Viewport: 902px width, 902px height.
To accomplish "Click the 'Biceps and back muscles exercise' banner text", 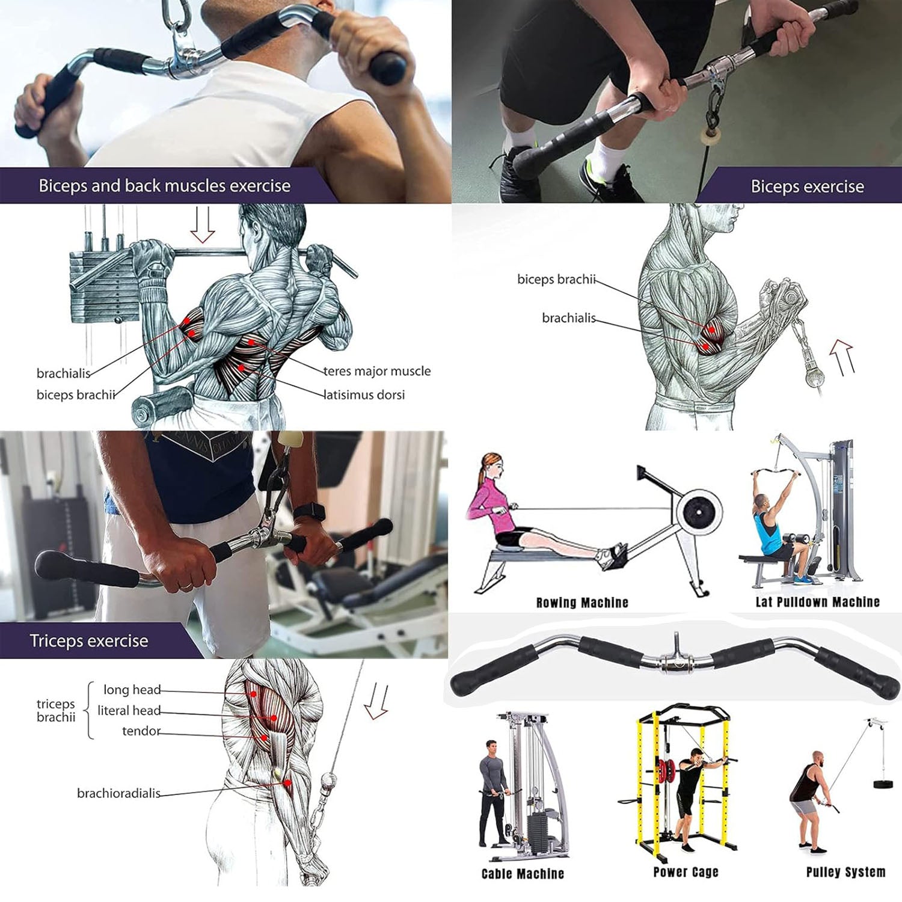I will [x=164, y=186].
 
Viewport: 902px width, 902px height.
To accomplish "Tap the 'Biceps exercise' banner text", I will [x=807, y=186].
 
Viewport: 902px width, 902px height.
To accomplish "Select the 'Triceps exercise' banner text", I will [x=89, y=641].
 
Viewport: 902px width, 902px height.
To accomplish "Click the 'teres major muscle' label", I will [x=377, y=371].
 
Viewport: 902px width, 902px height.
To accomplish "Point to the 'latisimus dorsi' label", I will [x=364, y=395].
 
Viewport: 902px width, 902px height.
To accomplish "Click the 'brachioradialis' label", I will [x=118, y=793].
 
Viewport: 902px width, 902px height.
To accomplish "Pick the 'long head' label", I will [x=132, y=690].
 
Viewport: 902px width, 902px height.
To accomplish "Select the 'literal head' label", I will [x=129, y=711].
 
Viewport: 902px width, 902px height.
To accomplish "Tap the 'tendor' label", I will [x=141, y=731].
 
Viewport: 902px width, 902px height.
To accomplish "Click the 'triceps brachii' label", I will [x=56, y=710].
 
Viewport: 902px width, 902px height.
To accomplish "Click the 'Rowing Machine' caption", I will [x=582, y=603].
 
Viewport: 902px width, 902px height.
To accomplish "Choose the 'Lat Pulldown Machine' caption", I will [x=817, y=602].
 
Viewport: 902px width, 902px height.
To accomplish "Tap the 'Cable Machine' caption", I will [x=523, y=874].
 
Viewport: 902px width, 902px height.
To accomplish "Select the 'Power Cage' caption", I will [x=686, y=872].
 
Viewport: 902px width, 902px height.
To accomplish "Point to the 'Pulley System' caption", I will [x=845, y=872].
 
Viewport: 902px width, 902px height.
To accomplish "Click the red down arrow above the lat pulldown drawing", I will [x=203, y=225].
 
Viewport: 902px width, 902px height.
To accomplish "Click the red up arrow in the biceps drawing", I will [x=842, y=357].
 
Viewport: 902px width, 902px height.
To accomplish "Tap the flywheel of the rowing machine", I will [x=699, y=513].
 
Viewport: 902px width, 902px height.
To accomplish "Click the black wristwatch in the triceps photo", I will [x=310, y=512].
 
